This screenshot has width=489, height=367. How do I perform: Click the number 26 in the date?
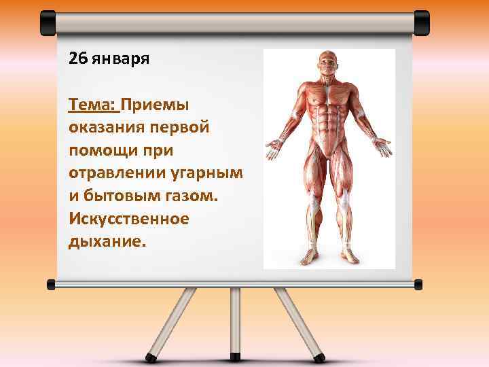[77, 58]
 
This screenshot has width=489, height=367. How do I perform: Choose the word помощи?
[101, 151]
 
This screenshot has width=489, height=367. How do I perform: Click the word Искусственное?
[128, 220]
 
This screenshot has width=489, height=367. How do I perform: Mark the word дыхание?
[107, 243]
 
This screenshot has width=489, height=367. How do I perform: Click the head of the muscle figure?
[329, 65]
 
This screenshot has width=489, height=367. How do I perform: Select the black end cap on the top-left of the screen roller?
[48, 22]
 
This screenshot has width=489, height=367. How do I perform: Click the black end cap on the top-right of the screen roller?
[422, 22]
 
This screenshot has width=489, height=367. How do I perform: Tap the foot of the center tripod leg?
[236, 356]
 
